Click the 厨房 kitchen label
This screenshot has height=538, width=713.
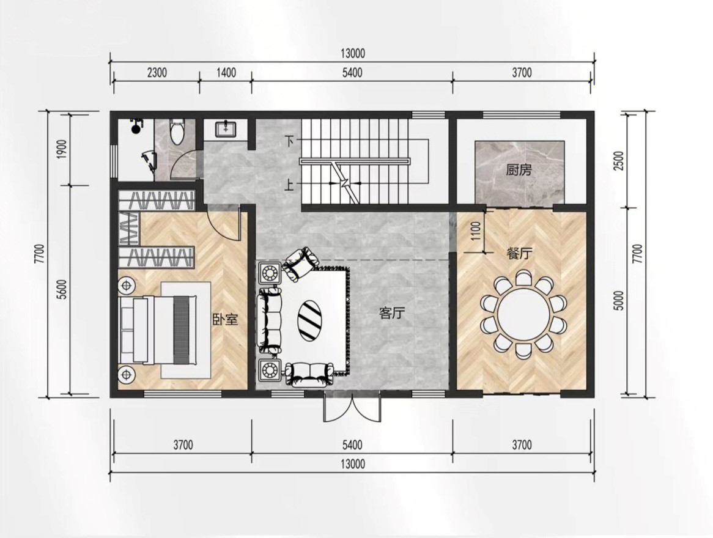point(519,170)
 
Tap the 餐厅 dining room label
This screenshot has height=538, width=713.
point(519,253)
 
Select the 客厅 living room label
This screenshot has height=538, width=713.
point(391,313)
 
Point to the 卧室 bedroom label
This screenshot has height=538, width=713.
point(226,319)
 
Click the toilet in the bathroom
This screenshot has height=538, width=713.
point(177,131)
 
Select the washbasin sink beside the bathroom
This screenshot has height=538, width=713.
point(225,129)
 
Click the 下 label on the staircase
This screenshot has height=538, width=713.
point(290,141)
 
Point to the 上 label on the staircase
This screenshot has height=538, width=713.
point(290,185)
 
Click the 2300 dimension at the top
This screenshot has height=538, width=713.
point(157,73)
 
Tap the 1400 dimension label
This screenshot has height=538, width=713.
point(226,73)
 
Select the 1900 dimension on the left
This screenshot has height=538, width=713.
point(62,149)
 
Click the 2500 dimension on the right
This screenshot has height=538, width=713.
point(618,161)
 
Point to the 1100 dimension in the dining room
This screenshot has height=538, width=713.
point(476,231)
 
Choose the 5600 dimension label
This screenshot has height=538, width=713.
point(62,289)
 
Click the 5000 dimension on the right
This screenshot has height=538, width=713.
point(618,301)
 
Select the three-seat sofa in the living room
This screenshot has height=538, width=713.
point(269,320)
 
